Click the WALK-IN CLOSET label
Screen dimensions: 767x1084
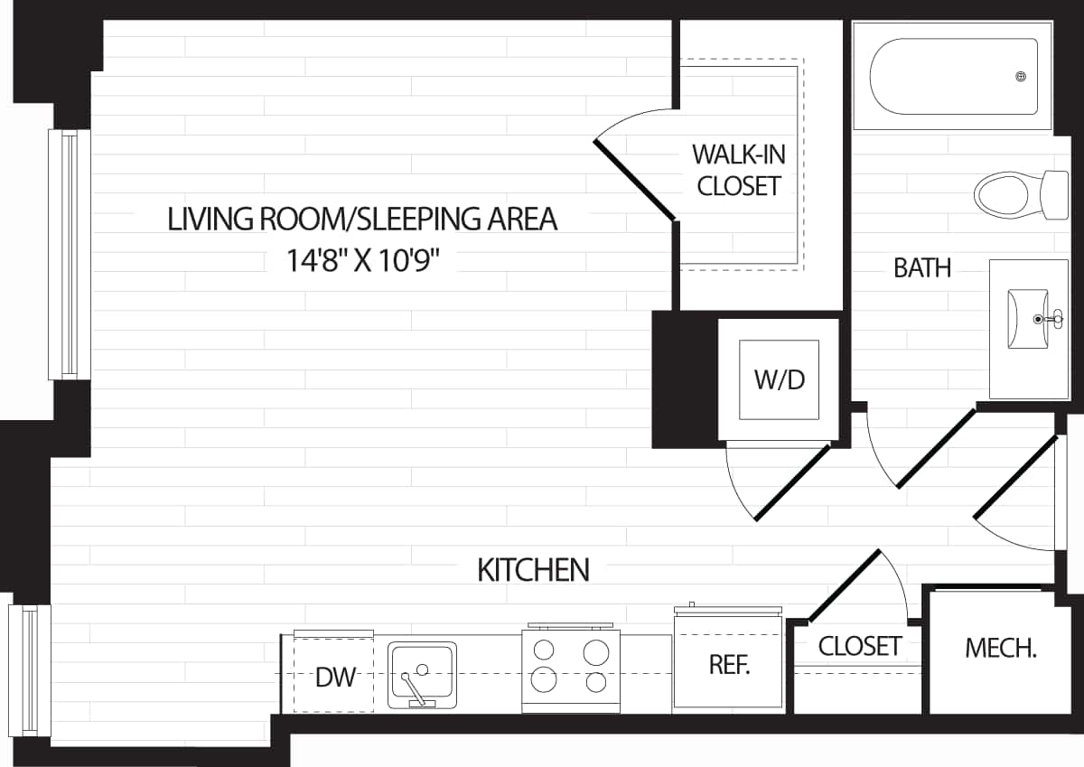tap(739, 170)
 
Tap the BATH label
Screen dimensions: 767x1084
tap(922, 268)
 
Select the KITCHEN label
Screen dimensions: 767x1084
tap(533, 570)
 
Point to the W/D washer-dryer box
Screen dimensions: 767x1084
tap(779, 379)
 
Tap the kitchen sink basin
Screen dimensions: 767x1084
tap(422, 674)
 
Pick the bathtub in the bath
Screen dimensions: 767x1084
tap(953, 77)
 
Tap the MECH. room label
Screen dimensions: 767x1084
tap(1000, 649)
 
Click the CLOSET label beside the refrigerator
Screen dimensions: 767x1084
tap(860, 646)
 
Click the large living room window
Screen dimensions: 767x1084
tap(70, 254)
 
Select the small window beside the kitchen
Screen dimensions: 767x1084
tap(30, 669)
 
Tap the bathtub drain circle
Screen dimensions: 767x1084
tap(1022, 77)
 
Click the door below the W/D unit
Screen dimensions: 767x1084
tap(790, 483)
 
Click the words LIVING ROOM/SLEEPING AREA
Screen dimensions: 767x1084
tap(362, 220)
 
